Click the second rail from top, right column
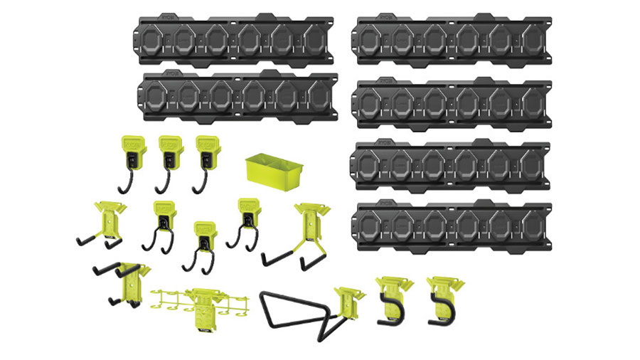pyautogui.click(x=453, y=101)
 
